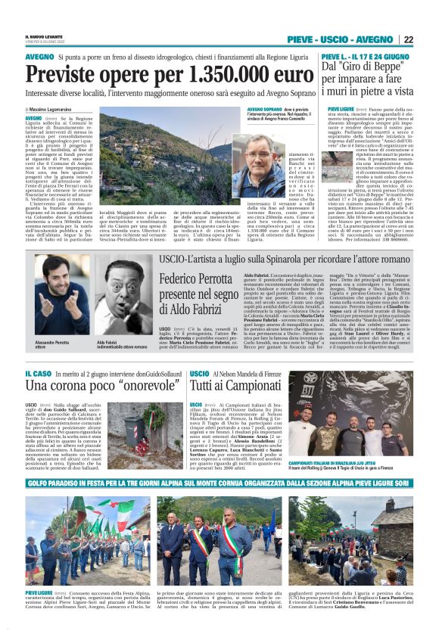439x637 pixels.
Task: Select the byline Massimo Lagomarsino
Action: [58, 110]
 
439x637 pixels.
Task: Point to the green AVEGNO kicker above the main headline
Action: [39, 57]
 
